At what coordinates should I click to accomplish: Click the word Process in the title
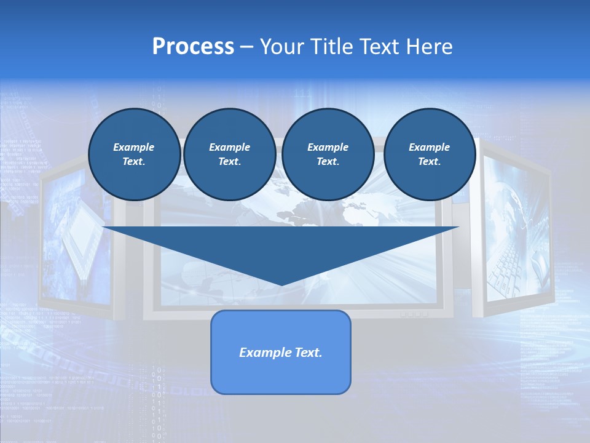[193, 47]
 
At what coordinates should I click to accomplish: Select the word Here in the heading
[430, 47]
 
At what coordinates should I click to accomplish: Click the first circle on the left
[134, 154]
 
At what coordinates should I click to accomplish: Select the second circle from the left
[229, 154]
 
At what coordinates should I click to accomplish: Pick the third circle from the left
[328, 154]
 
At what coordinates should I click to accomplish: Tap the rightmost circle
[429, 154]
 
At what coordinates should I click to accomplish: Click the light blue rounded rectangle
[280, 369]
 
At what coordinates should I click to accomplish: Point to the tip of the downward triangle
[281, 284]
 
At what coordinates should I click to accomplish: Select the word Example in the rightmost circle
[429, 147]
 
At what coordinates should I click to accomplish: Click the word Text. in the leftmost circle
[134, 162]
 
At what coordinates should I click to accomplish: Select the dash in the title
[246, 47]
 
